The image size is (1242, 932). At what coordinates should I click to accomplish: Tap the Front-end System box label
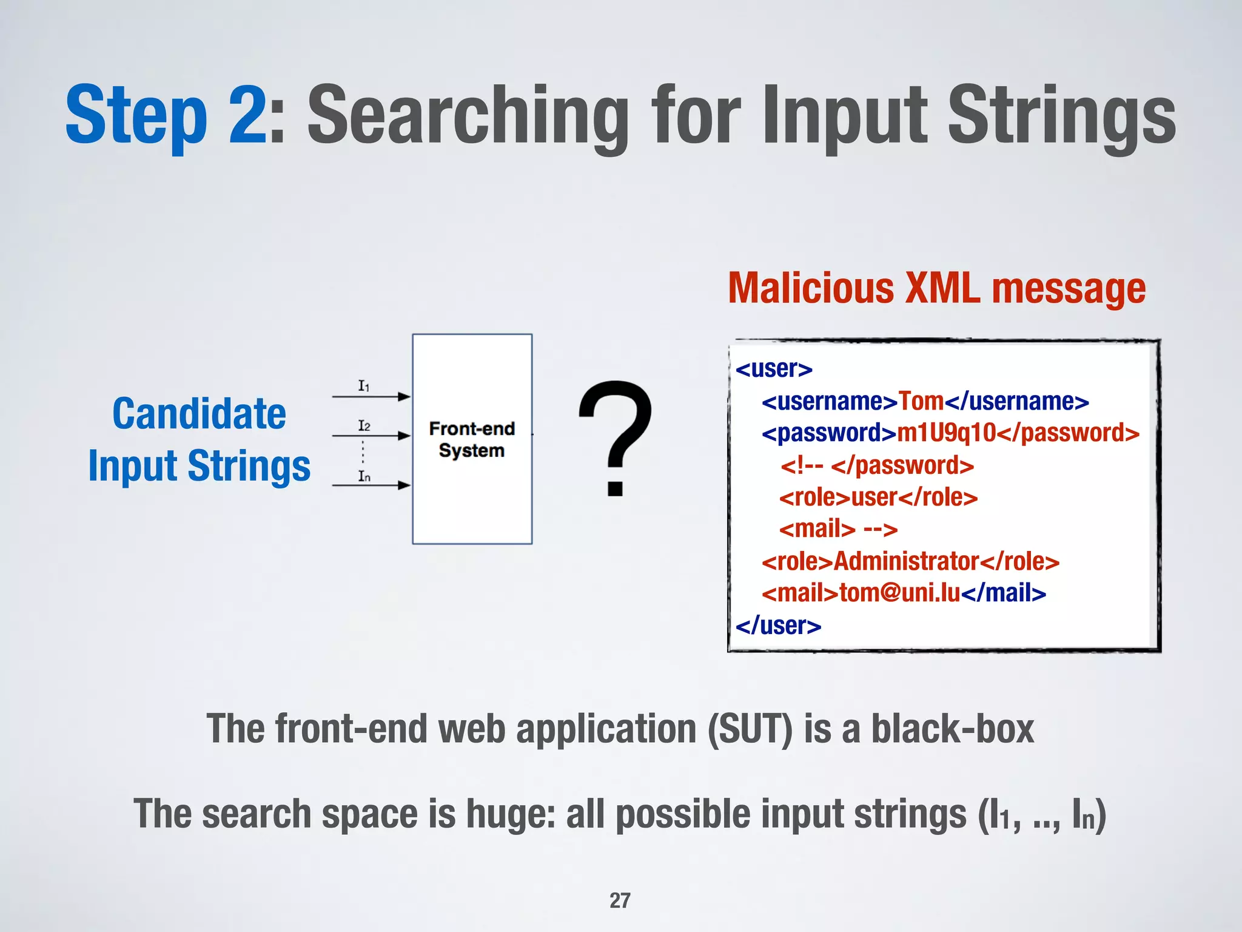[472, 439]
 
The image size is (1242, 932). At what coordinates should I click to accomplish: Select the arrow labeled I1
[371, 396]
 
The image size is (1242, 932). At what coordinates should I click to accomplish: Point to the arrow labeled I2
[371, 436]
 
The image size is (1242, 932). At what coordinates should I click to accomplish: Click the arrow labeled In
[371, 485]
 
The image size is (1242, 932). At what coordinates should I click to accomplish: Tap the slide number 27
[620, 900]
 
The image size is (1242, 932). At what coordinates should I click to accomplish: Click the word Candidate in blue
[199, 414]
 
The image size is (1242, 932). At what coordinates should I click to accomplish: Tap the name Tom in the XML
[921, 401]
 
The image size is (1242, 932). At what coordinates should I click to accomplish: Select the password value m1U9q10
[946, 433]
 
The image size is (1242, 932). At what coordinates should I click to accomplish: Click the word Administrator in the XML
[907, 561]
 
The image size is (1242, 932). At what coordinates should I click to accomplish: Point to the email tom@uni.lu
[900, 593]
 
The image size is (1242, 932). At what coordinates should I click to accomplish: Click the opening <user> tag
[774, 368]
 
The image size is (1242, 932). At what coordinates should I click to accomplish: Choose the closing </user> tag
[778, 626]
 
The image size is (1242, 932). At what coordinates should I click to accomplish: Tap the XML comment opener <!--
[802, 465]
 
